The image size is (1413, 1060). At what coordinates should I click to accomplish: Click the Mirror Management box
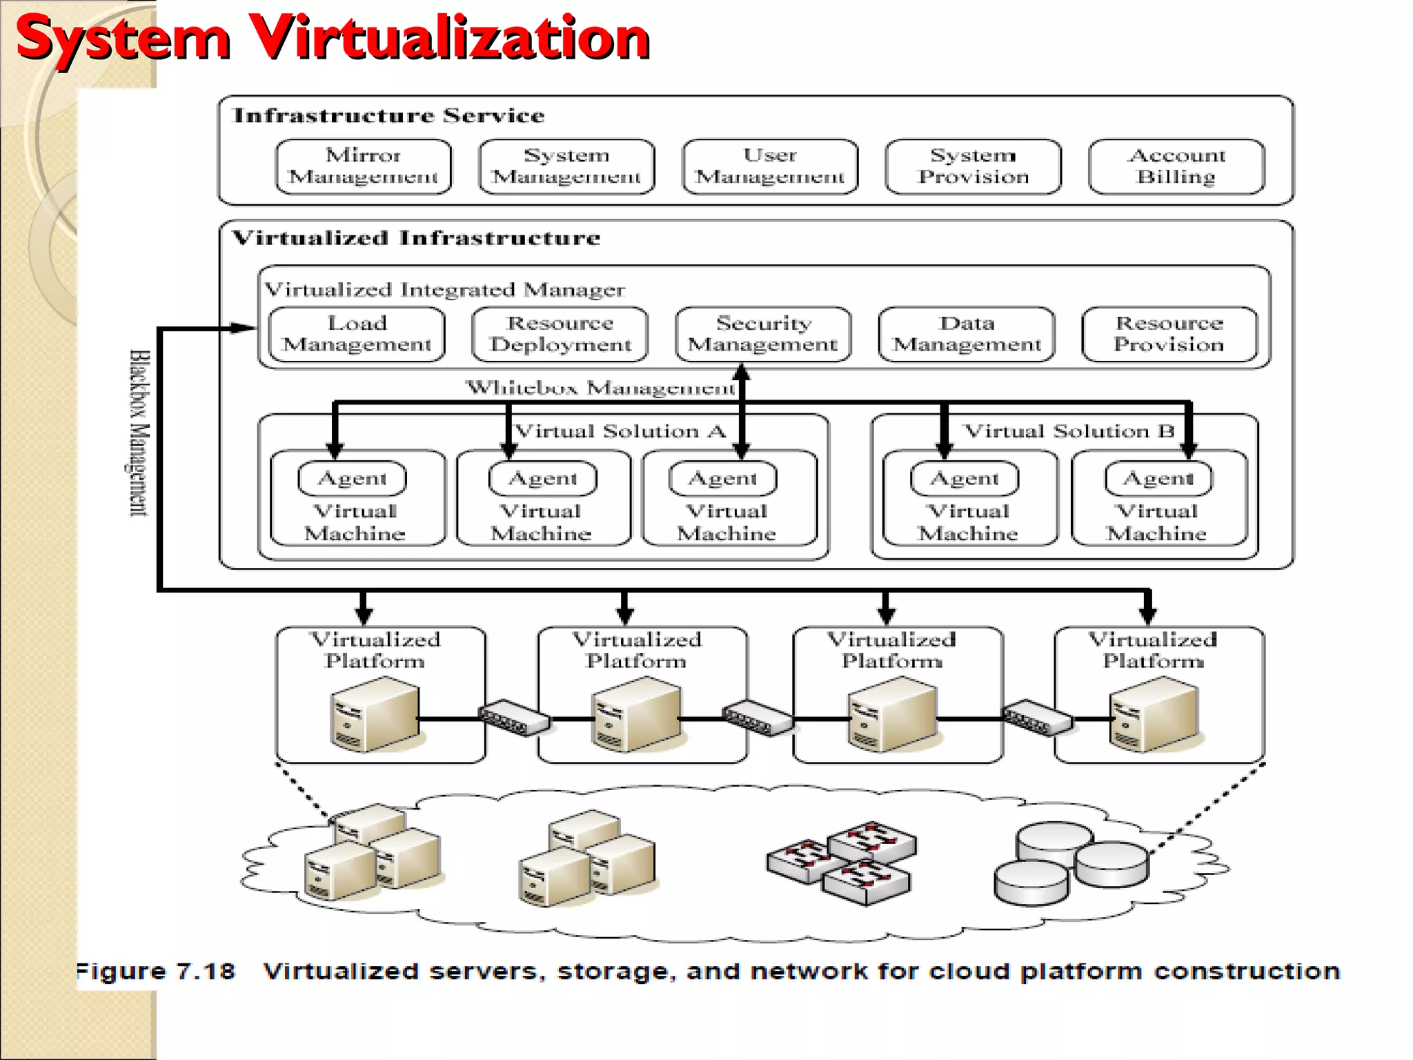point(363,166)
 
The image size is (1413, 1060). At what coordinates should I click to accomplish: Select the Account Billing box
point(1176,166)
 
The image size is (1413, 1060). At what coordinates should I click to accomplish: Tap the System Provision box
point(973,166)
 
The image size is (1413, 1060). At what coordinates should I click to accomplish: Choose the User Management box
point(770,166)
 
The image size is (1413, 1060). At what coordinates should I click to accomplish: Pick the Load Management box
point(357,334)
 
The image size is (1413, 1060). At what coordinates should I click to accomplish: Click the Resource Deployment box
point(560,334)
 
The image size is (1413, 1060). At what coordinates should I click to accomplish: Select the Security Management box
point(763,334)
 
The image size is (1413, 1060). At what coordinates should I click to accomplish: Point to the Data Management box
point(966,334)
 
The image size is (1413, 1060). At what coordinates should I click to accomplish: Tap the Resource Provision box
point(1169,334)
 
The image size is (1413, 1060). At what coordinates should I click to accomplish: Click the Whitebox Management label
point(600,388)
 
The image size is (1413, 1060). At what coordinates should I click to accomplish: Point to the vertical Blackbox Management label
point(139,433)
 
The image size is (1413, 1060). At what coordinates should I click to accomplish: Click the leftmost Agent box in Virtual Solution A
point(352,478)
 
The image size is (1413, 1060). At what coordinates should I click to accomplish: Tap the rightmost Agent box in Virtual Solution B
point(1158,478)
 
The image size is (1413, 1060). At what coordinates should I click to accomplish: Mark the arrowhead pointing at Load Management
point(243,328)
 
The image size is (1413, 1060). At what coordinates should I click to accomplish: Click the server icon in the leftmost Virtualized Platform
point(375,714)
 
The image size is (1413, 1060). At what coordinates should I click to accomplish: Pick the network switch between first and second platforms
point(515,718)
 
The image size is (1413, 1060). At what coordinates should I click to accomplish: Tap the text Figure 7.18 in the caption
point(156,972)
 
